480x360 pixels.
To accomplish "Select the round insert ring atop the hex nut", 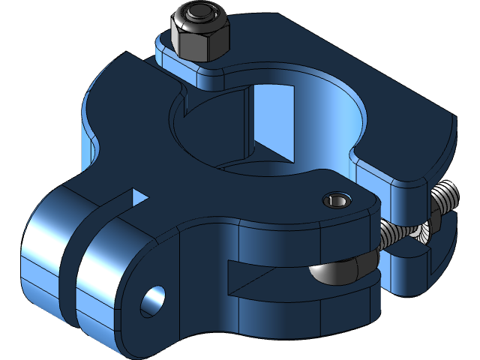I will tap(199, 15).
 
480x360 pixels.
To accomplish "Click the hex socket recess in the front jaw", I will tap(336, 200).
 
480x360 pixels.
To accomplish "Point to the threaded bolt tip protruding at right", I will tap(445, 197).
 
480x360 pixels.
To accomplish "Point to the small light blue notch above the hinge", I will tap(139, 197).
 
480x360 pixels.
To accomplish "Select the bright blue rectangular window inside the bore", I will tap(273, 120).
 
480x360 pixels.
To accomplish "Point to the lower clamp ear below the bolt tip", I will tap(412, 262).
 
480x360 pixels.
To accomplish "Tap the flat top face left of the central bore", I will tap(127, 127).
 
